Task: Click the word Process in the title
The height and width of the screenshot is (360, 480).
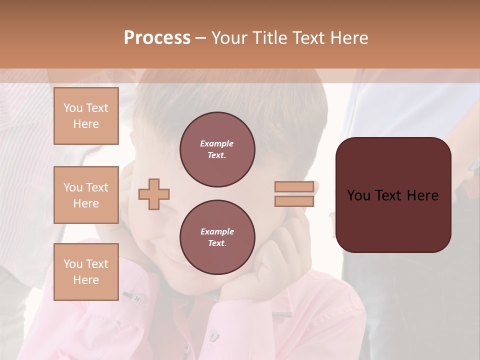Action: pos(157,38)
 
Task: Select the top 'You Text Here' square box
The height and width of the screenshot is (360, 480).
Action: pos(86,116)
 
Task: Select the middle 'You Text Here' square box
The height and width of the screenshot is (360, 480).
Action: pos(86,195)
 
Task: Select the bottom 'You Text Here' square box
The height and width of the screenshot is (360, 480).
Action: pos(86,272)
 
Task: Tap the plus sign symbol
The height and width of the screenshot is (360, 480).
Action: pos(154,194)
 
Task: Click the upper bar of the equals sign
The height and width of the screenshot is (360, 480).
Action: pos(294,187)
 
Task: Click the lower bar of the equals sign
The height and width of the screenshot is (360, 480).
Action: pos(294,201)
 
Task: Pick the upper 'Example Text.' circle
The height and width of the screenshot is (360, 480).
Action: pos(217,149)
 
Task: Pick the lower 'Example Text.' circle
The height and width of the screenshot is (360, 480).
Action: pos(217,237)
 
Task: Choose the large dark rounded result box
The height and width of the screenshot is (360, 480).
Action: pos(393,195)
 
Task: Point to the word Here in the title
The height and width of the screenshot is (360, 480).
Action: pos(349,38)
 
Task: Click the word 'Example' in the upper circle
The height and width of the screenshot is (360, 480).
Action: pos(217,143)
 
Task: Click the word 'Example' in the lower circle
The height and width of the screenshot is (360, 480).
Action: pos(217,231)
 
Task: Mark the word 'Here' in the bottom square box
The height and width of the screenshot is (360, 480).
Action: pos(86,280)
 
